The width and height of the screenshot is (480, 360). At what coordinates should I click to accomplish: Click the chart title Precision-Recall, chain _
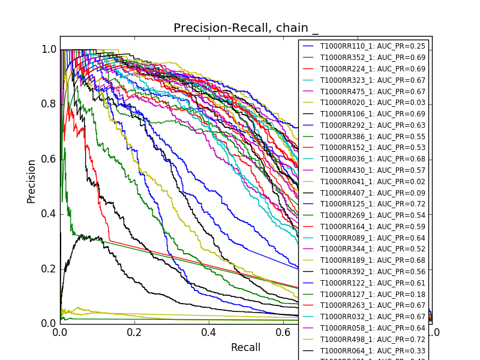(246, 28)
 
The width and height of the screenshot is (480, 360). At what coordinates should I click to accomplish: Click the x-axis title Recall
(245, 347)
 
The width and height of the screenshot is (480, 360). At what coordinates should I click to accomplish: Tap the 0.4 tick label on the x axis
(209, 332)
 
